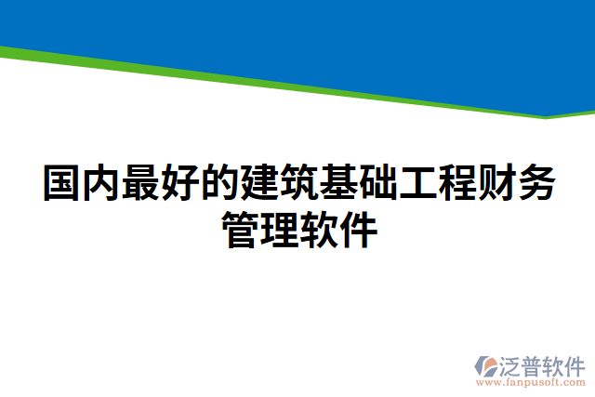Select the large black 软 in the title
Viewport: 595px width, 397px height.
tap(318, 230)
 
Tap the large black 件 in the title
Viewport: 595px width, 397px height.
tap(358, 230)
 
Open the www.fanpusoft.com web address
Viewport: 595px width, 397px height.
tap(531, 382)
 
